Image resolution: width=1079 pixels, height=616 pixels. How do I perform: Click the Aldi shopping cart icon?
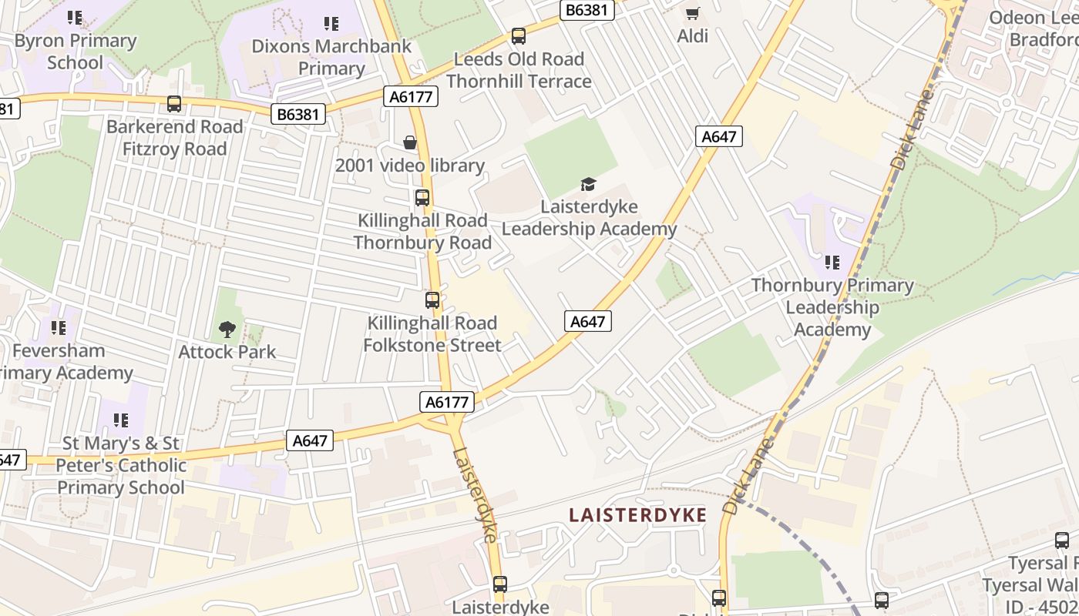coord(692,13)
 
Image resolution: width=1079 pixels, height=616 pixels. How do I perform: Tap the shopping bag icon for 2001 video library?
coord(410,142)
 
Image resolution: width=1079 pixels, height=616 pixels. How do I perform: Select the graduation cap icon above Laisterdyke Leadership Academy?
coord(589,184)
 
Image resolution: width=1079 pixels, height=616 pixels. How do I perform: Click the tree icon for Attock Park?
coord(227,330)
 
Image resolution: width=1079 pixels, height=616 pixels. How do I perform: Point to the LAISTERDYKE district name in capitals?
coord(637,515)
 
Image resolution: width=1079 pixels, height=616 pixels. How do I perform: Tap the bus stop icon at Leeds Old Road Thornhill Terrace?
coord(519,36)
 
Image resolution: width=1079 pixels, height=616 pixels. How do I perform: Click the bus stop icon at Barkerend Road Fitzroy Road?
coord(174,104)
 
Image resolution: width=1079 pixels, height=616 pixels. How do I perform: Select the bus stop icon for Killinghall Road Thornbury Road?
coord(422,198)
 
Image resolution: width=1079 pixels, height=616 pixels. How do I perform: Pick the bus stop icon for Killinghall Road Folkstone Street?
coord(432,300)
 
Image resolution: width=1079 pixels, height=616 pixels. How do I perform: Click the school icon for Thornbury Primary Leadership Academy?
coord(832,263)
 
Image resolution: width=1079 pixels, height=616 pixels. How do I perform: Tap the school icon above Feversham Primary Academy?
coord(59,328)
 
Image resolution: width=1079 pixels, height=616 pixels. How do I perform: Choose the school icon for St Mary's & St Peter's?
coord(120,420)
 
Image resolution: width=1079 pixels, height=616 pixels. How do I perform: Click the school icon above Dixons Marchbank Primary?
coord(331,24)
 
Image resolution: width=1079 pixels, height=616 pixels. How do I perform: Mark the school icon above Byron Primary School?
coord(75,17)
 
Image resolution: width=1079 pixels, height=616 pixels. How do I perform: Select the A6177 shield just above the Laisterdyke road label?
coord(447,402)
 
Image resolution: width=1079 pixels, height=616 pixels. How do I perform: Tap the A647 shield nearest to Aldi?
coord(719,136)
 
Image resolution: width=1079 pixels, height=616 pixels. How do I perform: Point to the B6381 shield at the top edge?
coord(587,9)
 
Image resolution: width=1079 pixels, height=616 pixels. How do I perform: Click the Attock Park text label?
coord(227,352)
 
